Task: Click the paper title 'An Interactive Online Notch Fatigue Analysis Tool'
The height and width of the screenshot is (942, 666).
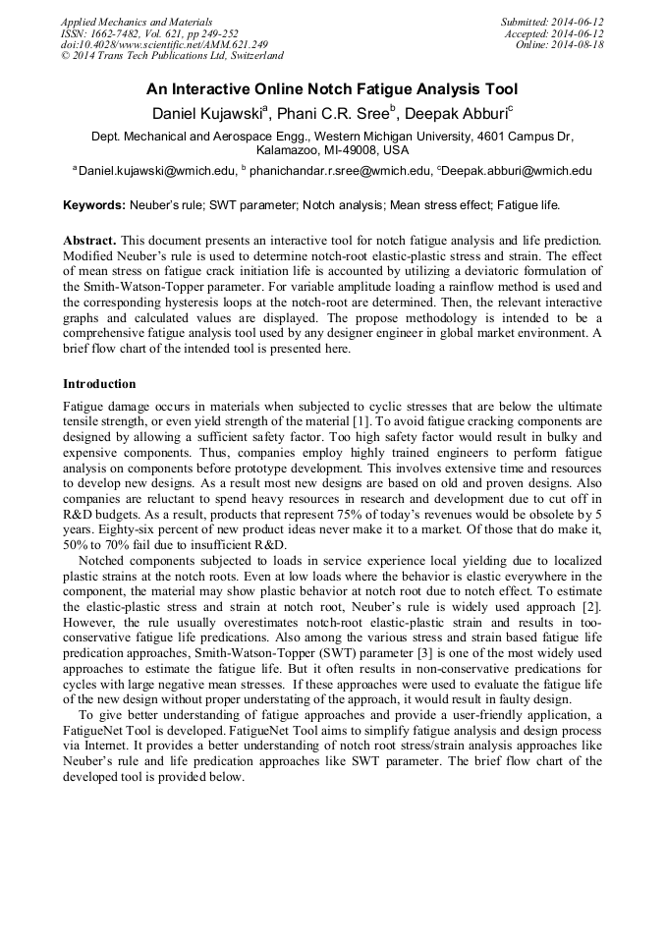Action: click(x=332, y=89)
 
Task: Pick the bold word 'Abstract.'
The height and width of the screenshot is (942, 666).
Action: click(x=90, y=240)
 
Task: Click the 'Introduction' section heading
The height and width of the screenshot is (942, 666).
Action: click(x=99, y=383)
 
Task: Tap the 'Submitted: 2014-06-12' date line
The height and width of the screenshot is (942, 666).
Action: click(x=552, y=22)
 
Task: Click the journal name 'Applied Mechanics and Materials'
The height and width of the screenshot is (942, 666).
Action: click(x=137, y=22)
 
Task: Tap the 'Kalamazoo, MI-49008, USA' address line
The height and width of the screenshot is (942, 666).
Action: click(x=332, y=151)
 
